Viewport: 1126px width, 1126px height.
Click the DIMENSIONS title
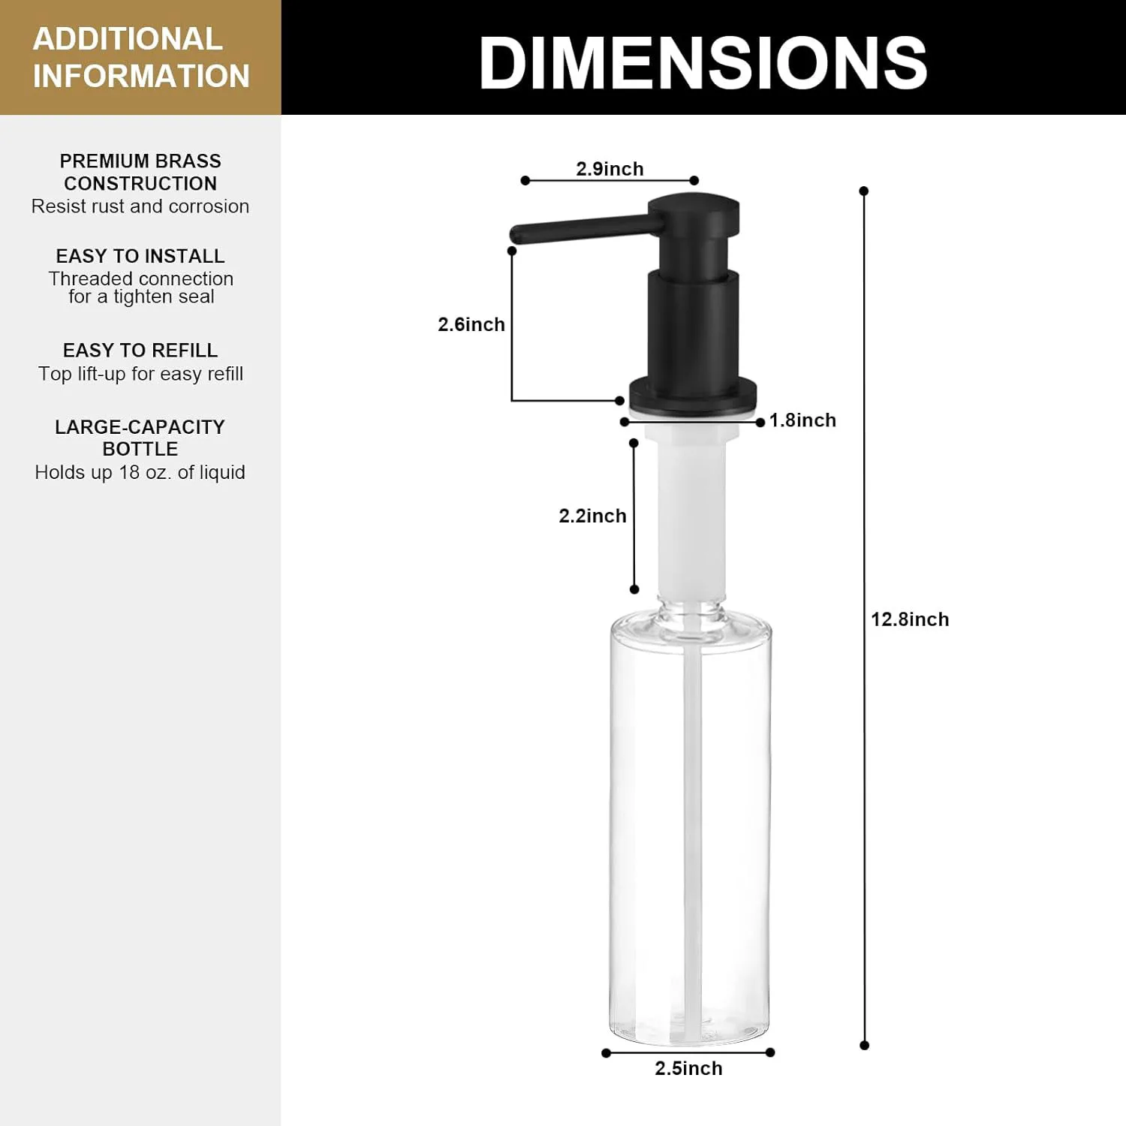(703, 63)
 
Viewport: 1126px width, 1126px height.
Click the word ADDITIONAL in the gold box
(128, 39)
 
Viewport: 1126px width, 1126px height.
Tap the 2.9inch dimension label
(610, 169)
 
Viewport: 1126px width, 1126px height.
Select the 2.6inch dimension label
(471, 324)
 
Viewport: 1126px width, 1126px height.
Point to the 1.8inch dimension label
(802, 420)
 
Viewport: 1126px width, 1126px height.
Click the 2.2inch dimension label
(592, 516)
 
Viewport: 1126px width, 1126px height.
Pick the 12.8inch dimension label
(910, 619)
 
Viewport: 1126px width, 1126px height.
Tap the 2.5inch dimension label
(688, 1068)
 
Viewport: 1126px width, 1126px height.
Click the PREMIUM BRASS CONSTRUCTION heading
(140, 172)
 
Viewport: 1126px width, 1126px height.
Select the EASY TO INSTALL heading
(140, 256)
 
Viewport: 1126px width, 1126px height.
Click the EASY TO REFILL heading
(140, 351)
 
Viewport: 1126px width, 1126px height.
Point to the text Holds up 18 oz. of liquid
(140, 472)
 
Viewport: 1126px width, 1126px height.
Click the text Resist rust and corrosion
(140, 206)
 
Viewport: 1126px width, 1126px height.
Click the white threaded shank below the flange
(692, 510)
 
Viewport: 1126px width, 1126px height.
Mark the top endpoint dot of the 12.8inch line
(864, 191)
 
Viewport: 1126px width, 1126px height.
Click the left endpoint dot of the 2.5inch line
(606, 1052)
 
